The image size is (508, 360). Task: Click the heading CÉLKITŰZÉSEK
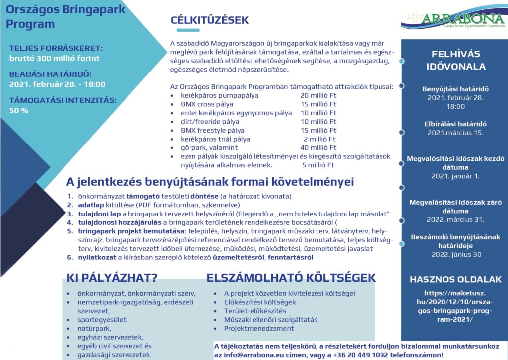(209, 21)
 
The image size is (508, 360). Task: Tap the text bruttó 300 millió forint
(55, 58)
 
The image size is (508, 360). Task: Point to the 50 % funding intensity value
(19, 110)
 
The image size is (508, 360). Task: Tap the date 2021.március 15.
(455, 133)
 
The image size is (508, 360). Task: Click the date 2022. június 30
(455, 254)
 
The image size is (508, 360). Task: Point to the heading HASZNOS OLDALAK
(455, 279)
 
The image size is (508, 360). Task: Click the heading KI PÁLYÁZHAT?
(112, 277)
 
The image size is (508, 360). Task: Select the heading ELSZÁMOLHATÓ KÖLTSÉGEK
(291, 277)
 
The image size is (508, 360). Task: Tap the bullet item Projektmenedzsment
(259, 328)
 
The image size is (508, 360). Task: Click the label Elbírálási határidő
(455, 124)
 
